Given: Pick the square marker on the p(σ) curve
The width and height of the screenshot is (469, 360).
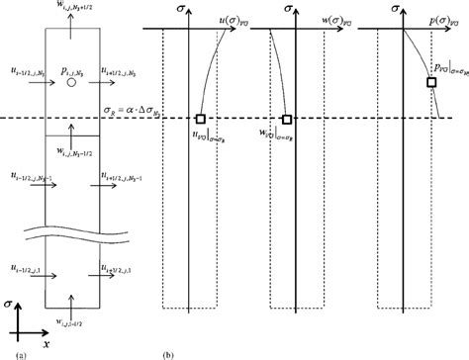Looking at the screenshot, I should pos(431,83).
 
